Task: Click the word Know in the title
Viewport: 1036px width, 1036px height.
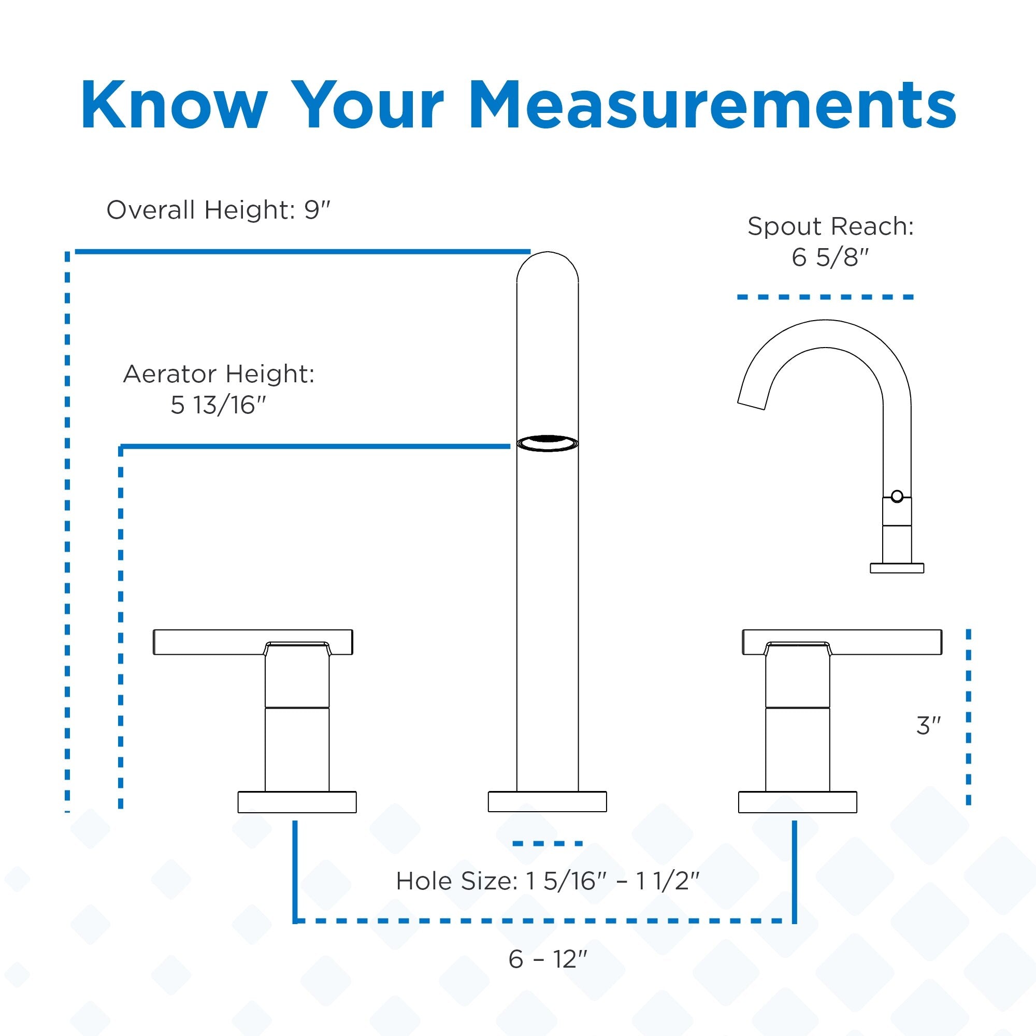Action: point(174,105)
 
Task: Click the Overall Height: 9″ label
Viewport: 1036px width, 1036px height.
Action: point(218,210)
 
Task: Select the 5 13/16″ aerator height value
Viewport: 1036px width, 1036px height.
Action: point(218,406)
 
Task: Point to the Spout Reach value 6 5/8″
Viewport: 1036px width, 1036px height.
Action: point(830,258)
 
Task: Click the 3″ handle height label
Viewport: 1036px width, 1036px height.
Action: point(929,726)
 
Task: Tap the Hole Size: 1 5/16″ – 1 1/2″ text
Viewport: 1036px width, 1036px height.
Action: point(548,881)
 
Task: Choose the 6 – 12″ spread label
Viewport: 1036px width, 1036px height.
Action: point(548,959)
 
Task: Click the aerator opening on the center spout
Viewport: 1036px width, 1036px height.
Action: point(548,443)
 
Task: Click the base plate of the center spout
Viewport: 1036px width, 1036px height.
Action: point(548,802)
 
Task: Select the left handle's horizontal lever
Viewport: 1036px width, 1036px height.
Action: point(253,642)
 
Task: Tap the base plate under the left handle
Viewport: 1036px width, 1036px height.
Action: point(297,802)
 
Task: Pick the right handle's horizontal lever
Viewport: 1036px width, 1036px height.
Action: point(842,642)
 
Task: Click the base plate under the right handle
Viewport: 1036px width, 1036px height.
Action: point(797,802)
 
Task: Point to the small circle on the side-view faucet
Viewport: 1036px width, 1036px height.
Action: point(897,496)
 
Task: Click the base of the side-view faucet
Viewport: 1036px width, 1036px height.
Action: point(897,568)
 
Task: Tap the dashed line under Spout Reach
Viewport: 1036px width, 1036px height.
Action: point(825,296)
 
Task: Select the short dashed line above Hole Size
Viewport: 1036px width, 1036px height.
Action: point(548,843)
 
